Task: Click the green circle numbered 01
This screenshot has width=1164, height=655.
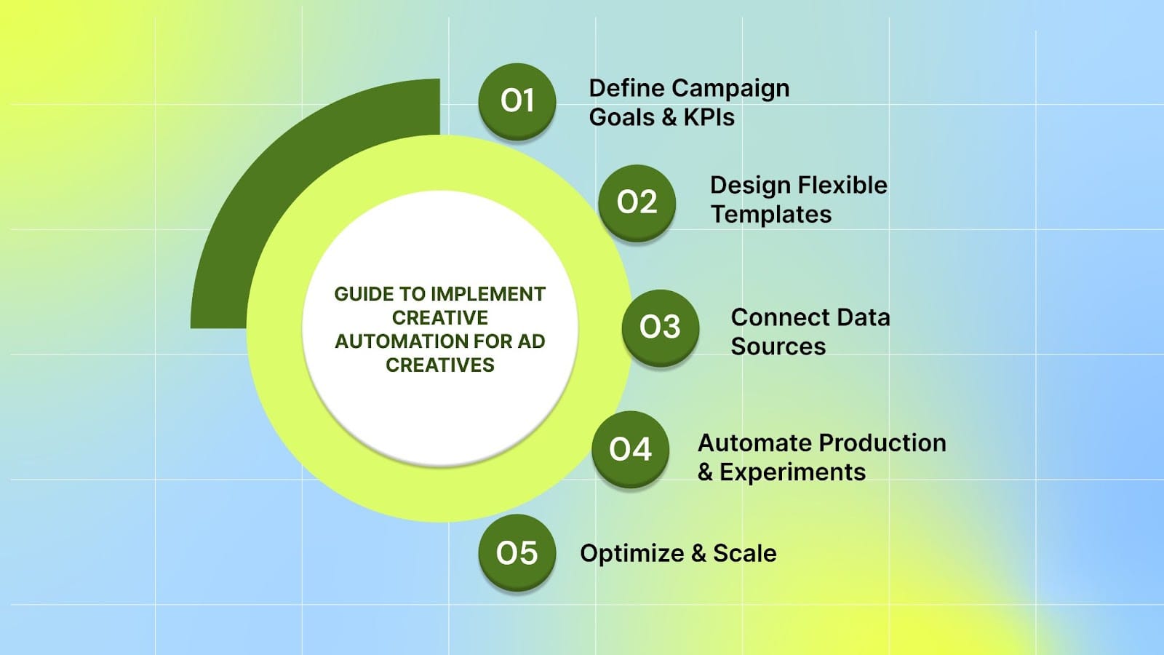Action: coord(517,100)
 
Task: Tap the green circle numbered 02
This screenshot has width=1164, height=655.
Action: coord(637,202)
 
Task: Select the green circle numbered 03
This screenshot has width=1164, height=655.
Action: coord(660,327)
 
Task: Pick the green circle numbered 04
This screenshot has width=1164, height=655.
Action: coord(630,449)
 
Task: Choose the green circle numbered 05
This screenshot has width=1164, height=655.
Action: coord(517,553)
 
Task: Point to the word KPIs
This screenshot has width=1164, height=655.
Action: coord(709,117)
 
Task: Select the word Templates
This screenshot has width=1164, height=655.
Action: coord(771,214)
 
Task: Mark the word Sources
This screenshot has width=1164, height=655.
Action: coord(778,346)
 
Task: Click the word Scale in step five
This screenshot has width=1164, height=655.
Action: coord(744,553)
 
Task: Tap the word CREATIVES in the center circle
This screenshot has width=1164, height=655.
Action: coord(439,365)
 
